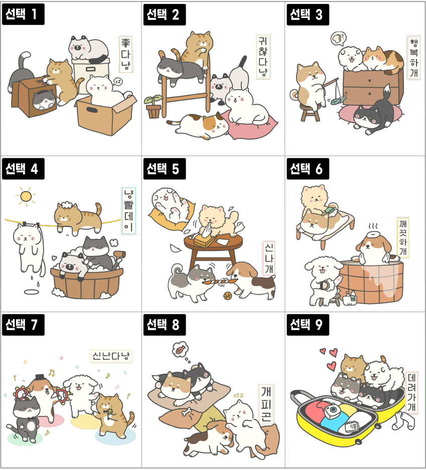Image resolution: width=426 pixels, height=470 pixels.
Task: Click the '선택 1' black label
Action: [x=23, y=14]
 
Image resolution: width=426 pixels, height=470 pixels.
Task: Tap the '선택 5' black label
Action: [x=165, y=169]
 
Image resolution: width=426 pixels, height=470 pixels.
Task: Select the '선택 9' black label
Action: [x=308, y=325]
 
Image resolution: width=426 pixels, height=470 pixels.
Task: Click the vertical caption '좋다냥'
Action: [x=125, y=54]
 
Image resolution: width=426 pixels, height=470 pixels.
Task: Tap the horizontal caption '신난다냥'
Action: [x=111, y=356]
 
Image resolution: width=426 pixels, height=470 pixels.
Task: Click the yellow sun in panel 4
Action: [x=26, y=196]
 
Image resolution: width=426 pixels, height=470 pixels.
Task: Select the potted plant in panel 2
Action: [x=154, y=107]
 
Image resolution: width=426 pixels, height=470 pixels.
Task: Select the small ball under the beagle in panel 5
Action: [x=228, y=296]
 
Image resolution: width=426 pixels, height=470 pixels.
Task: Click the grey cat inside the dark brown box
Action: [x=44, y=100]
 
